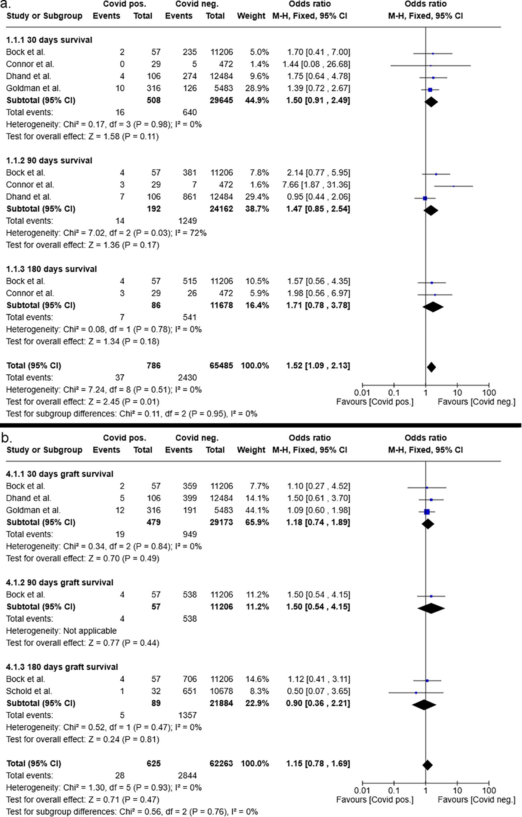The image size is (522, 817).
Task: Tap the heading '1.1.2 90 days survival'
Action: click(x=49, y=160)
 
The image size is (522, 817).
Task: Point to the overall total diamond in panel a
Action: click(x=431, y=367)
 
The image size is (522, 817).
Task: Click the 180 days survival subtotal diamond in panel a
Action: click(x=433, y=307)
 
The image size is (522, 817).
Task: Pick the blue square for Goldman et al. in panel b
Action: click(x=427, y=512)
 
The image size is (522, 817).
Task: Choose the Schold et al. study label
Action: click(x=29, y=691)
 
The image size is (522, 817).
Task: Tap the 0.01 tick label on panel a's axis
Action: click(x=362, y=393)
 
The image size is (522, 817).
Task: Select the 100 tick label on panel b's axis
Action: click(x=489, y=790)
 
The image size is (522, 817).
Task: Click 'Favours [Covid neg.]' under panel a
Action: click(x=476, y=402)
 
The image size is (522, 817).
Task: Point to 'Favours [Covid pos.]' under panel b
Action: click(x=375, y=799)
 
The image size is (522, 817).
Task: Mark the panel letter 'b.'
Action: click(x=7, y=438)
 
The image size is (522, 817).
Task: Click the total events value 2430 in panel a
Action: click(x=187, y=378)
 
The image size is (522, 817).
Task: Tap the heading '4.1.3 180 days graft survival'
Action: click(x=62, y=667)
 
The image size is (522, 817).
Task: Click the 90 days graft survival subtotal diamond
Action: click(x=431, y=608)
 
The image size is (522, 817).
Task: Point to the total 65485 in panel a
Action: click(x=221, y=365)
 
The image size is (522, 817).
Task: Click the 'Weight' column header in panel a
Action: click(x=251, y=16)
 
